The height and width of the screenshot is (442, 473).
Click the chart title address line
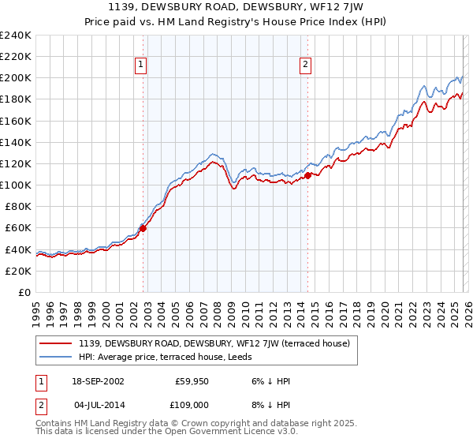click(x=236, y=6)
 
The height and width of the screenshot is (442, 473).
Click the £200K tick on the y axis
click(x=16, y=78)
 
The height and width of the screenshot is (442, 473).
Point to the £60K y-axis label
click(x=18, y=227)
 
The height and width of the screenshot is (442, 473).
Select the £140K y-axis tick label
click(x=16, y=142)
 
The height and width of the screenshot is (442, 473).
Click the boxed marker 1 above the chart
click(x=140, y=66)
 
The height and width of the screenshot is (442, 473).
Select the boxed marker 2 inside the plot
click(x=304, y=66)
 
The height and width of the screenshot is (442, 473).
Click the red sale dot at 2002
click(x=143, y=228)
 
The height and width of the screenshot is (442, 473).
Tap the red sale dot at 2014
click(x=307, y=176)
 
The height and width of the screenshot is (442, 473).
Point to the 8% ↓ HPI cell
click(x=271, y=404)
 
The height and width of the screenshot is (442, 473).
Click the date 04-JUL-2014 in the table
click(x=96, y=404)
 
